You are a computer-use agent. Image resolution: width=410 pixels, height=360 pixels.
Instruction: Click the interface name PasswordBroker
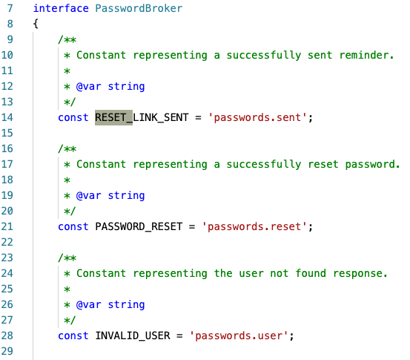(x=139, y=8)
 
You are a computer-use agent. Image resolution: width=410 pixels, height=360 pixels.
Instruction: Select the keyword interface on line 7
(x=61, y=8)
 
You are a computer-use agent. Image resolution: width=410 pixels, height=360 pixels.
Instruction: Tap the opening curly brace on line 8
(x=36, y=24)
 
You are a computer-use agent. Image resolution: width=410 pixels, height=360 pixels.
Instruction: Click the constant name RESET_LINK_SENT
(x=142, y=117)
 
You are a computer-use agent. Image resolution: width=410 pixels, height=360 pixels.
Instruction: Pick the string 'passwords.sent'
(x=257, y=117)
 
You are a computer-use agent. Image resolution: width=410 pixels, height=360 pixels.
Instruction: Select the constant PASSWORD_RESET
(x=139, y=226)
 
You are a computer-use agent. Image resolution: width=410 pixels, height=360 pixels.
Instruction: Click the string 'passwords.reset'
(x=254, y=226)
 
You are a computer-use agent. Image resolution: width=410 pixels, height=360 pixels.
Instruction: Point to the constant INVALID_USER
(x=132, y=336)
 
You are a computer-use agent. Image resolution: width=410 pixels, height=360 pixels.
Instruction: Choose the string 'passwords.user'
(x=239, y=336)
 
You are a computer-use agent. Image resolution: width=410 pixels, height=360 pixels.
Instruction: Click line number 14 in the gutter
(x=7, y=117)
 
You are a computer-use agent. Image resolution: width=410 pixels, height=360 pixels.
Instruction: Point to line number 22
(x=7, y=242)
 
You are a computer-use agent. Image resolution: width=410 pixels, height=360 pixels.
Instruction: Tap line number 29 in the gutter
(x=7, y=351)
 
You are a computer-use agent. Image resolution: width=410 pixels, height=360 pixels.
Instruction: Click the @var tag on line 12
(x=89, y=86)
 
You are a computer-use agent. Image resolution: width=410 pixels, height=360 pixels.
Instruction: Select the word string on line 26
(x=126, y=305)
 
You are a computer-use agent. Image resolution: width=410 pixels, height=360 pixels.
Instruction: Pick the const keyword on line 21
(x=73, y=226)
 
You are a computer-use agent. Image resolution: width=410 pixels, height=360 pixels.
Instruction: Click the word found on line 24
(x=311, y=273)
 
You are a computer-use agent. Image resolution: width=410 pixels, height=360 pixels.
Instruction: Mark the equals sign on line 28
(x=179, y=336)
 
